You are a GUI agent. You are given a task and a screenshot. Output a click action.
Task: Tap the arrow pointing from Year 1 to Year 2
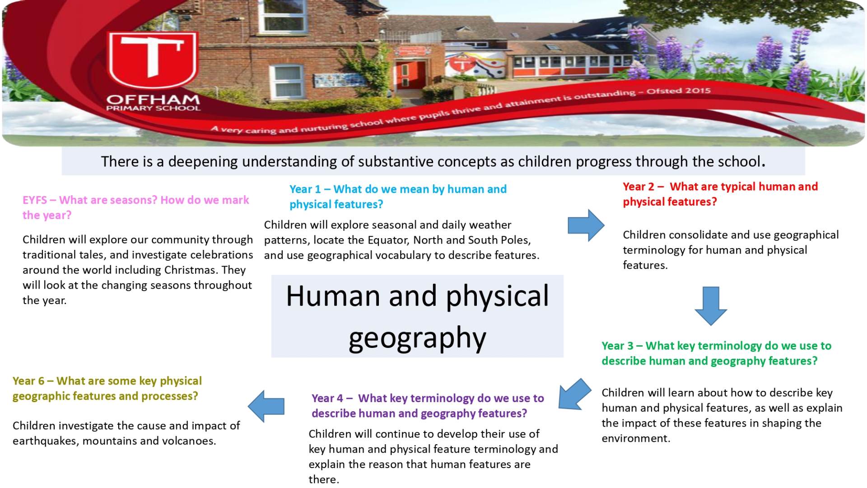pyautogui.click(x=586, y=225)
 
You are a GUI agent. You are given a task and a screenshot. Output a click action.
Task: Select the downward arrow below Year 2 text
pyautogui.click(x=711, y=306)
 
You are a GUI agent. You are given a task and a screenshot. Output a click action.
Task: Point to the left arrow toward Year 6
pyautogui.click(x=266, y=406)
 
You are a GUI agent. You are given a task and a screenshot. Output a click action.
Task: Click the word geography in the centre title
pyautogui.click(x=417, y=338)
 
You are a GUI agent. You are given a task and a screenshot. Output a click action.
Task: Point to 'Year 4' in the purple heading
pyautogui.click(x=327, y=399)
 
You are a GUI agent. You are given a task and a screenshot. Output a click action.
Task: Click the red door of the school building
pyautogui.click(x=410, y=75)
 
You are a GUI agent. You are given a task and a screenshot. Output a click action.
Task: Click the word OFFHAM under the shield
pyautogui.click(x=153, y=99)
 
